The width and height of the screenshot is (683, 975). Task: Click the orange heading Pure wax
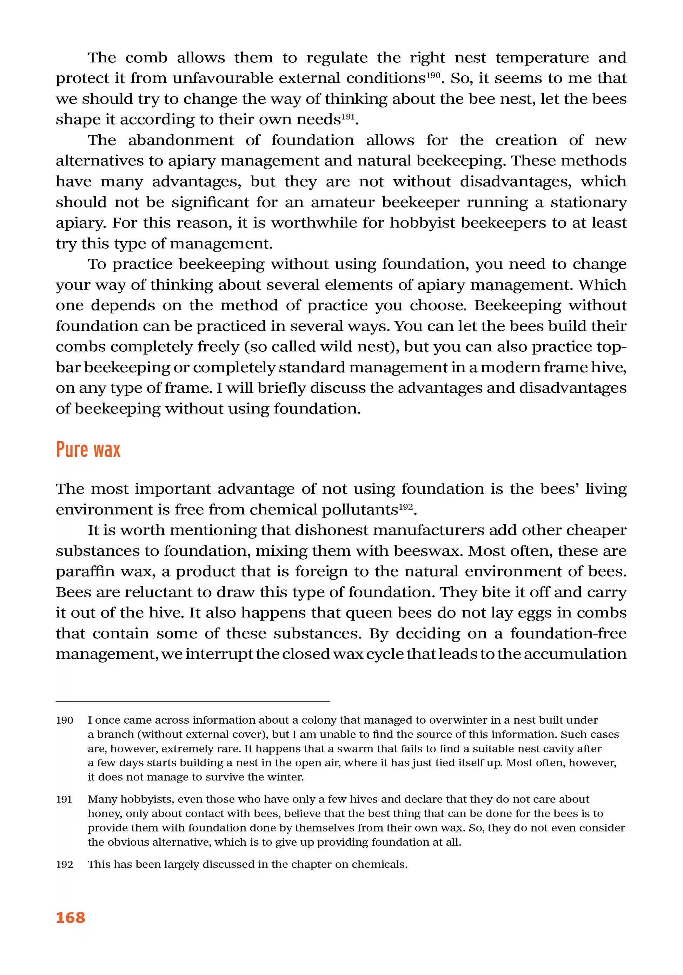[88, 450]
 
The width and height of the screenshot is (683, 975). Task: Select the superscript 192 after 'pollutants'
[405, 507]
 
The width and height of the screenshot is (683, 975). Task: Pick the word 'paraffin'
[85, 571]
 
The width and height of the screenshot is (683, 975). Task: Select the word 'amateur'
[343, 202]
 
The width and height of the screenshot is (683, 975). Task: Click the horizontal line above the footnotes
[193, 701]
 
